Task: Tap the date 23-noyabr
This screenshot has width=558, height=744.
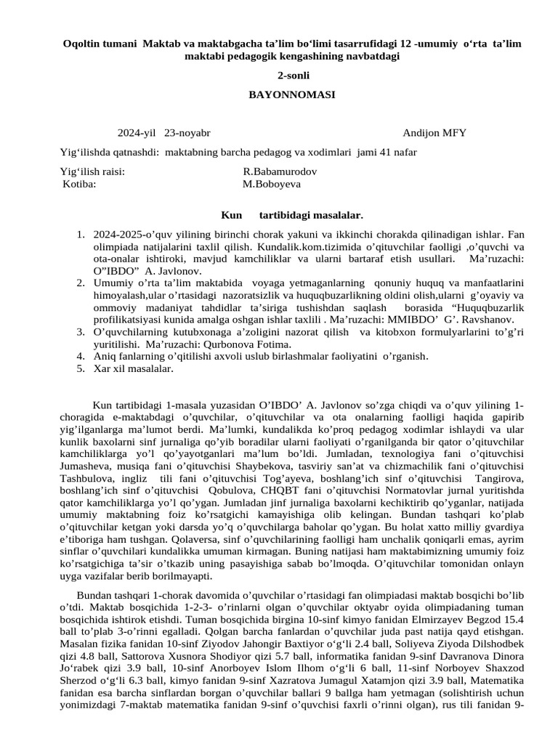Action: (187, 133)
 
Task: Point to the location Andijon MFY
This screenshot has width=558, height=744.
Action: (434, 133)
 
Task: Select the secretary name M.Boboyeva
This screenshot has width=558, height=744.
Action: (271, 184)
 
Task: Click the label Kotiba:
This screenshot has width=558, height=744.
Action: (80, 184)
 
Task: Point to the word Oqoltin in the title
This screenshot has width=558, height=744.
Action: (83, 44)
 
